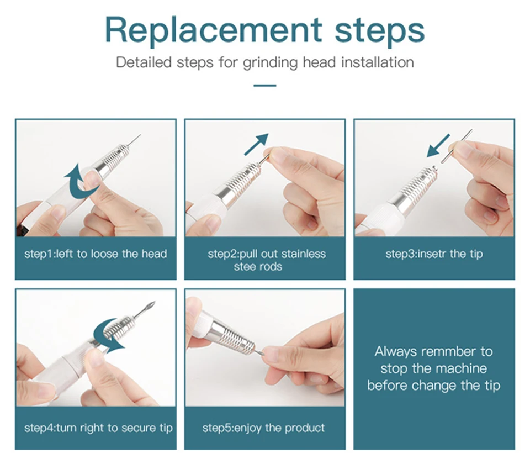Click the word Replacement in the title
(214, 30)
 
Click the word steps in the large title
(380, 30)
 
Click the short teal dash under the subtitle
(264, 86)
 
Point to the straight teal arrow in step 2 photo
(256, 144)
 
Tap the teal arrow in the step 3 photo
(438, 146)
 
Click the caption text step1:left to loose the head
(96, 254)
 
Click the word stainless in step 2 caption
(303, 254)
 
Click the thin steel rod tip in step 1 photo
(134, 141)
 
